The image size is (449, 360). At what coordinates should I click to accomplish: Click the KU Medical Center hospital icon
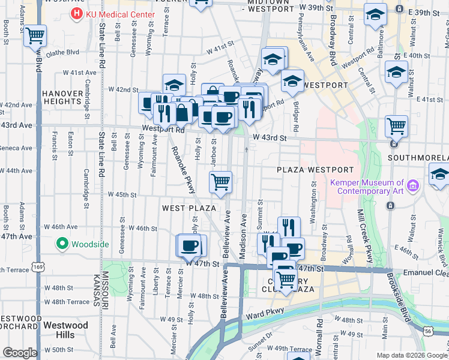pyautogui.click(x=77, y=13)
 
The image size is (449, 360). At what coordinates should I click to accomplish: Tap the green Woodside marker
pyautogui.click(x=61, y=244)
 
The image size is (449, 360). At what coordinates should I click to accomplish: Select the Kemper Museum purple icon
pyautogui.click(x=412, y=187)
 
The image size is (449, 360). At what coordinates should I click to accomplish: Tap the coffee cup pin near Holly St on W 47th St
pyautogui.click(x=191, y=245)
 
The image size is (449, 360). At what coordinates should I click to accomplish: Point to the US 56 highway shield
pyautogui.click(x=428, y=331)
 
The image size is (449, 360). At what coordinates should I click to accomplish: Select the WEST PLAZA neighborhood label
pyautogui.click(x=188, y=208)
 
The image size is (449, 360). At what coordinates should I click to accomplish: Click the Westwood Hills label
pyautogui.click(x=67, y=330)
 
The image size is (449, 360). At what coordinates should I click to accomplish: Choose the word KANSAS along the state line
pyautogui.click(x=96, y=292)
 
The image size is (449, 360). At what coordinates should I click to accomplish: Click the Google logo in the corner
pyautogui.click(x=20, y=353)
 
